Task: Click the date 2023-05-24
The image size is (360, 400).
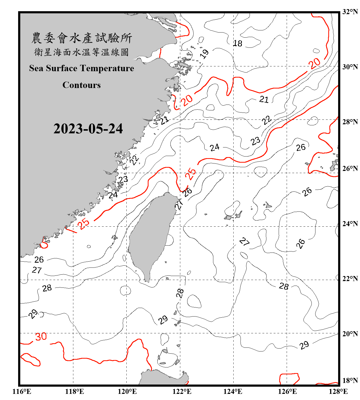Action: tap(88, 129)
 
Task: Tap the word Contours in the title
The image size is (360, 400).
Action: tap(82, 85)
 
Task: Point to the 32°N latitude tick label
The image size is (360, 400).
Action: tap(350, 12)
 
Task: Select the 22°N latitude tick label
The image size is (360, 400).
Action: tap(350, 278)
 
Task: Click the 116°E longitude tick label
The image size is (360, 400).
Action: tap(22, 391)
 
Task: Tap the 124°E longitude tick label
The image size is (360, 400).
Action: tap(233, 391)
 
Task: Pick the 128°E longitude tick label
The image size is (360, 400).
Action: tap(338, 391)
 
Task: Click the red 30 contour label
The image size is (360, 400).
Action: tap(41, 337)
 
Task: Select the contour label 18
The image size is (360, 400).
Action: tap(237, 43)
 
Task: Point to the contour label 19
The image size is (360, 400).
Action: tap(205, 54)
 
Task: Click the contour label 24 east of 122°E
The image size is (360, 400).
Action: tap(214, 147)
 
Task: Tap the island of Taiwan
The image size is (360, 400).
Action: tap(151, 235)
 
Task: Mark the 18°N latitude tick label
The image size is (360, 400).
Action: tap(350, 380)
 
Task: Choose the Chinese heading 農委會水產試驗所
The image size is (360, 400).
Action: tap(82, 38)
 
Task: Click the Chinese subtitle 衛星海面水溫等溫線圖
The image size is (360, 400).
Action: tap(82, 52)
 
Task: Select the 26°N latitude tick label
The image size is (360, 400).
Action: tap(350, 168)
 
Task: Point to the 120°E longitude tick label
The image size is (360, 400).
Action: tap(127, 391)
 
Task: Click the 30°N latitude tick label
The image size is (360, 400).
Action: tap(350, 67)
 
